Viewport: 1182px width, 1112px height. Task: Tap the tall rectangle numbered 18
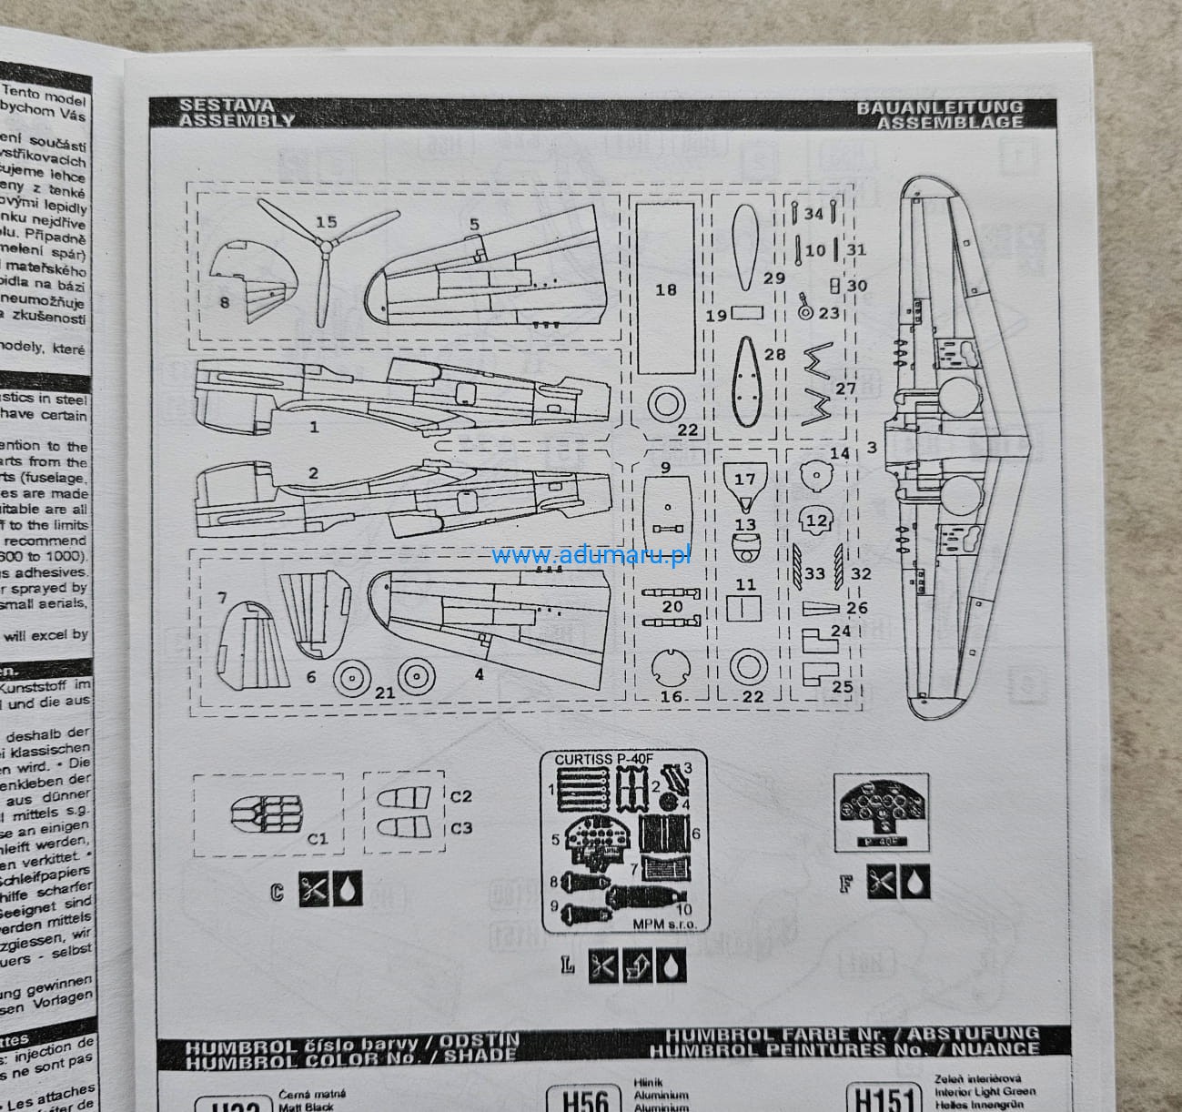point(665,287)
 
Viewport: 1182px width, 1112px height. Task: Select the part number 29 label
point(773,278)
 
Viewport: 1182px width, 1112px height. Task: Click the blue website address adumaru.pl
point(591,555)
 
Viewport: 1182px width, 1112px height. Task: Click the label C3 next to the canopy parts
point(461,828)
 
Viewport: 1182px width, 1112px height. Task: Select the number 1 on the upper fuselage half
point(314,426)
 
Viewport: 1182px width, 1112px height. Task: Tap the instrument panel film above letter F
point(882,805)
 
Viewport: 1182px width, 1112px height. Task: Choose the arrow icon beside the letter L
point(636,967)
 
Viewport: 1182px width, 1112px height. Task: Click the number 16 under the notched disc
point(671,696)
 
